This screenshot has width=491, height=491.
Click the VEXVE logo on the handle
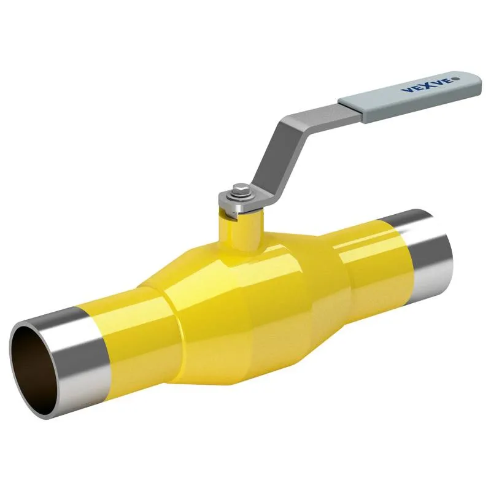(430, 84)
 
